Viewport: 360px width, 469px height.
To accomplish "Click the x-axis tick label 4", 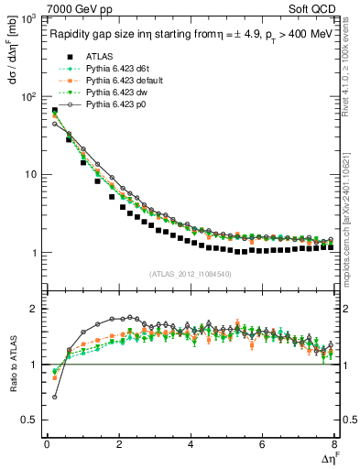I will click(x=191, y=444).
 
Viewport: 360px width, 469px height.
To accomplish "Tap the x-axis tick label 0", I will click(x=47, y=444).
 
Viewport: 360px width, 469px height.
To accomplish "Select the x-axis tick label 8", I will click(x=334, y=444).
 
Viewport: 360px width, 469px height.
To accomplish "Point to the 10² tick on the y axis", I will click(x=28, y=96).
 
